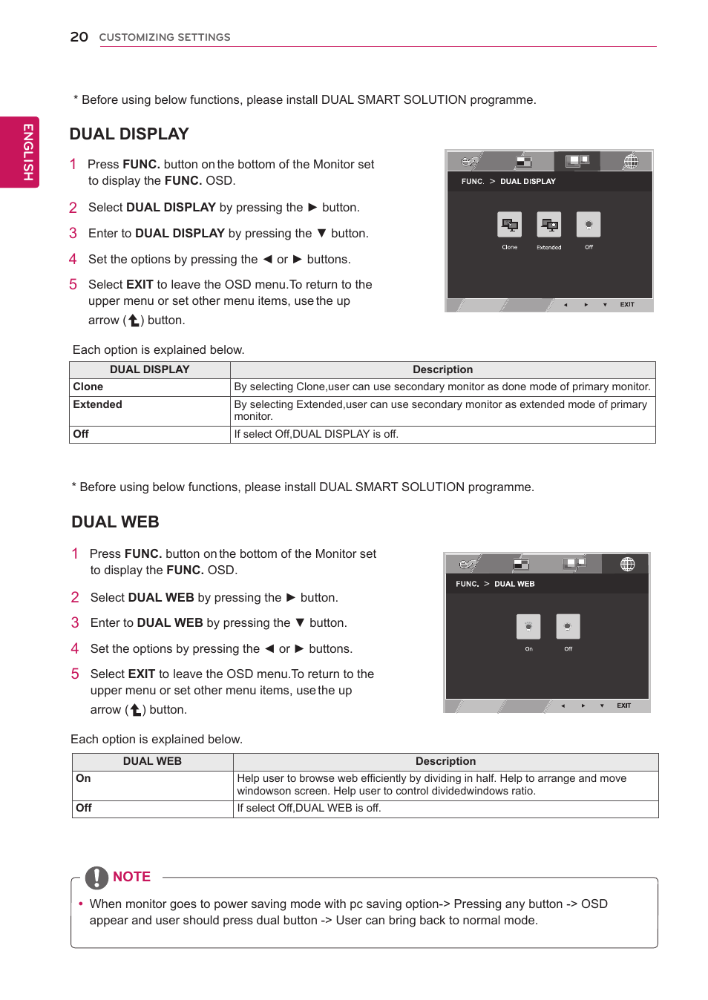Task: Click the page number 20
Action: pos(79,37)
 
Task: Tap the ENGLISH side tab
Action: pos(27,152)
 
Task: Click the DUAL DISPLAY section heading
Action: pos(129,134)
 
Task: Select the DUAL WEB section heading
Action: pos(115,522)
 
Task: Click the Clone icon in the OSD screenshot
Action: pos(509,225)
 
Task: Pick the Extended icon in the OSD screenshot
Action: pos(548,225)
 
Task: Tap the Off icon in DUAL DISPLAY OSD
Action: pos(589,225)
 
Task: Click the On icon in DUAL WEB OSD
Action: pos(528,627)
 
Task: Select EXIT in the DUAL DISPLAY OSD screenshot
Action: pos(627,305)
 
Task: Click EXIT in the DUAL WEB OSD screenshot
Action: pos(623,706)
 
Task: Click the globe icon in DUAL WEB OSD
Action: pos(627,565)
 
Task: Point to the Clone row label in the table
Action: pos(88,387)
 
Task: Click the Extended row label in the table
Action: pos(97,405)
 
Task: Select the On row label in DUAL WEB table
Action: pos(83,779)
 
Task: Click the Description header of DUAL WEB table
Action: pos(445,762)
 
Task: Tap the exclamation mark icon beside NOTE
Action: pos(96,878)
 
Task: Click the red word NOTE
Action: pos(131,877)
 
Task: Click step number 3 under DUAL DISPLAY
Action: pos(73,234)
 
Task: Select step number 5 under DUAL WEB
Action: pos(75,674)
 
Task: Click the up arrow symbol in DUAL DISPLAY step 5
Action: pos(134,320)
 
